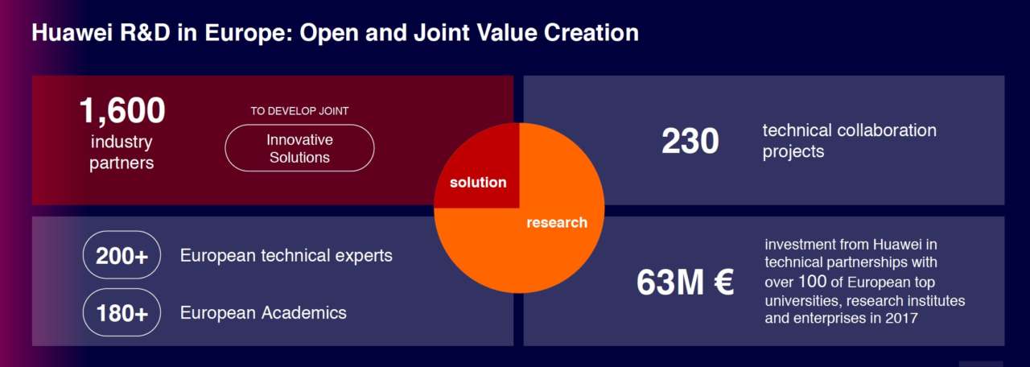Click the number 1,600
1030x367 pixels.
pos(122,110)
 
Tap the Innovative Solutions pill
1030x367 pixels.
pos(299,148)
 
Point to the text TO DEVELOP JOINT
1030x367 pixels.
pos(299,111)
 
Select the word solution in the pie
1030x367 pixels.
pos(478,182)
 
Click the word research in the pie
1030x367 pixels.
pos(557,223)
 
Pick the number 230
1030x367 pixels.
pos(690,141)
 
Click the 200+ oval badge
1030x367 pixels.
pos(122,255)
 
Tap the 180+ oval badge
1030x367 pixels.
pos(122,313)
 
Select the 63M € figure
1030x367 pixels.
pos(685,282)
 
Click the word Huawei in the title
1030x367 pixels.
pos(72,33)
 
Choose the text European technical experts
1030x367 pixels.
pos(286,256)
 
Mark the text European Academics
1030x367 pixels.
pos(263,313)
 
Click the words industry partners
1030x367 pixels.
pos(122,152)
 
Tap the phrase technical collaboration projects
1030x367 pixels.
pos(849,141)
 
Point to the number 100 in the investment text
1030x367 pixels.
pos(813,281)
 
